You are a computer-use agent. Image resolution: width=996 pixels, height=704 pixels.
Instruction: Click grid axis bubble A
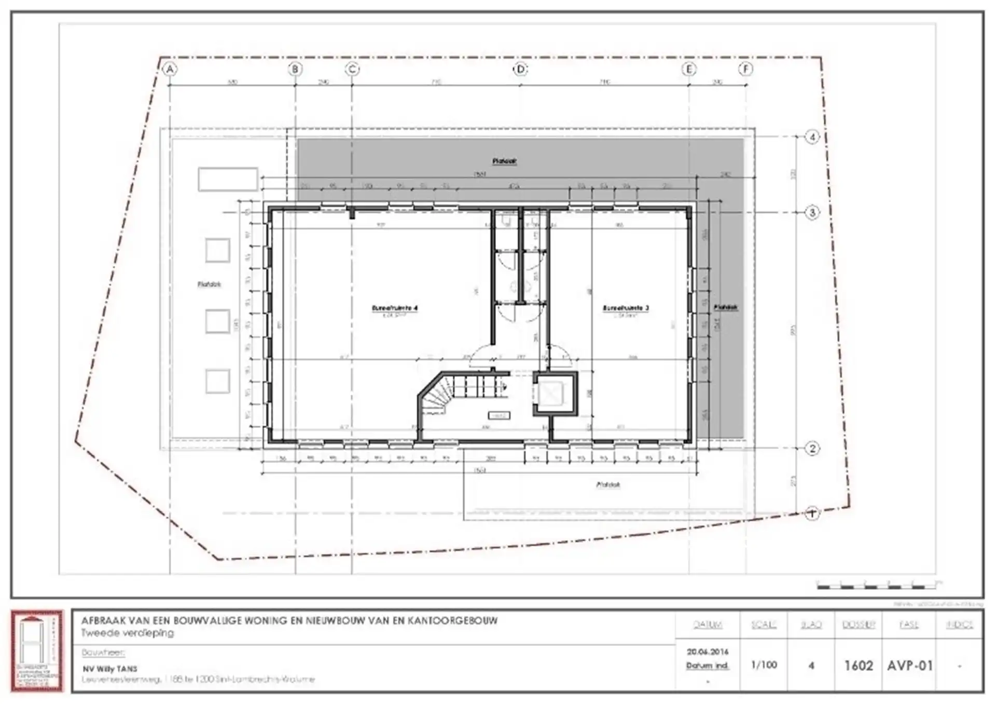(170, 69)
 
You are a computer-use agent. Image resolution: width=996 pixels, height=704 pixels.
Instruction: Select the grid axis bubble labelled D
(520, 69)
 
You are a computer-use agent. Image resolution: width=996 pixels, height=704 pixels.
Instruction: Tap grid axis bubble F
(746, 69)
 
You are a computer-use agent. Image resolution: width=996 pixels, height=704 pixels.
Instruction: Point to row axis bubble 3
(812, 212)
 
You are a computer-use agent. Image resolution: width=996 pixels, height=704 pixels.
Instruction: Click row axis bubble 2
(812, 449)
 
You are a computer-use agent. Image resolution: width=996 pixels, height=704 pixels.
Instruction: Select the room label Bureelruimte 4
(395, 308)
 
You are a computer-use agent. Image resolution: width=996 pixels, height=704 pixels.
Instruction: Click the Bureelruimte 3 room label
(626, 308)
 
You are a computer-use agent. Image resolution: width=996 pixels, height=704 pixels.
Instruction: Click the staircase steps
(475, 387)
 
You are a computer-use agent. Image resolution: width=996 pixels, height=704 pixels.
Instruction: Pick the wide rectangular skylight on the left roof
(228, 179)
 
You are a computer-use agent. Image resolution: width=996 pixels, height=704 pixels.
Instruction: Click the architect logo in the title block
(37, 651)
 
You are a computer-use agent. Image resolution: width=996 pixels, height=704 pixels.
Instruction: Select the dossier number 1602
(859, 665)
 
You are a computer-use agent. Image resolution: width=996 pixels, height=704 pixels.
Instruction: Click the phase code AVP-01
(910, 665)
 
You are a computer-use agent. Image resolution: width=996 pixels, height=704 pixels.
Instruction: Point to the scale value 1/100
(764, 665)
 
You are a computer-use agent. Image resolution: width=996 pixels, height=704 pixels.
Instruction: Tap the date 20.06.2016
(708, 652)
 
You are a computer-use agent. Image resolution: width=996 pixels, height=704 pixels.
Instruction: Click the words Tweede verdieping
(128, 633)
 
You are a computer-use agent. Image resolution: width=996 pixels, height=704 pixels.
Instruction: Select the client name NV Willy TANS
(110, 669)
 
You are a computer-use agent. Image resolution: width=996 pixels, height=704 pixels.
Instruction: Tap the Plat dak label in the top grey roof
(504, 161)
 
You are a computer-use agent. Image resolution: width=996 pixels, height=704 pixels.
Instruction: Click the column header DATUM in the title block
(708, 625)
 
